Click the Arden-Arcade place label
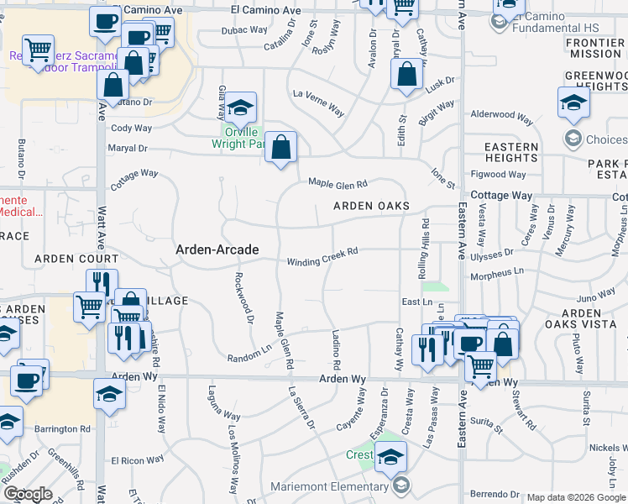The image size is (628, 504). pos(217,249)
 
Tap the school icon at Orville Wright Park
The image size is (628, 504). pos(240,107)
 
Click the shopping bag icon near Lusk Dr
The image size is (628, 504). pos(406,73)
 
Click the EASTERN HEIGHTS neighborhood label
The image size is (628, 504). pos(511,152)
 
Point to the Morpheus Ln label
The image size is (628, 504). pos(495,274)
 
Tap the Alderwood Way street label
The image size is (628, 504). pos(502,114)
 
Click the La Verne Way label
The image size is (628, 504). pos(318,102)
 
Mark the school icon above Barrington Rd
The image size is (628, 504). pos(109,393)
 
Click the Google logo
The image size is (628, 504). pos(28,493)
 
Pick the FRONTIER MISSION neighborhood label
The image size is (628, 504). pos(595,48)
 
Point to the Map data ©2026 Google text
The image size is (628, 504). pos(577,497)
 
